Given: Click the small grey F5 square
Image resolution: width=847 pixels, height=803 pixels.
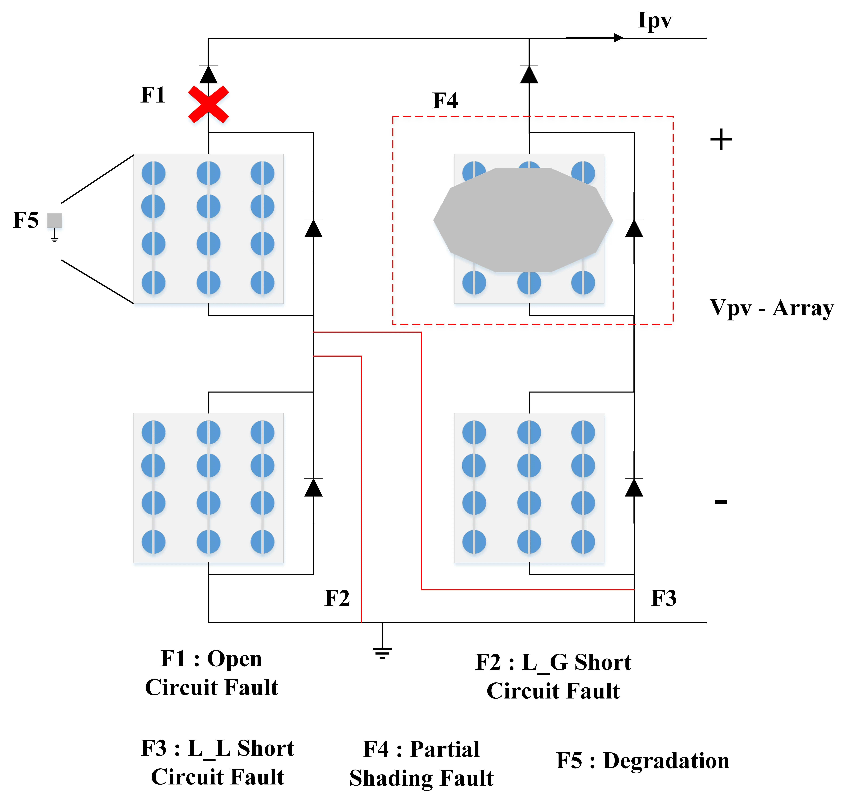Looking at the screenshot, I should pos(54,220).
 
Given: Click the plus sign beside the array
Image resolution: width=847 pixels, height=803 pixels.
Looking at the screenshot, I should pos(721,140).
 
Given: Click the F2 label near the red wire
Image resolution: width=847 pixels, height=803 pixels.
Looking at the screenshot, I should pos(337,598).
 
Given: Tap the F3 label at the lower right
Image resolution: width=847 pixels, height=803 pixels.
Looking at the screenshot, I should pos(663,598).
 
